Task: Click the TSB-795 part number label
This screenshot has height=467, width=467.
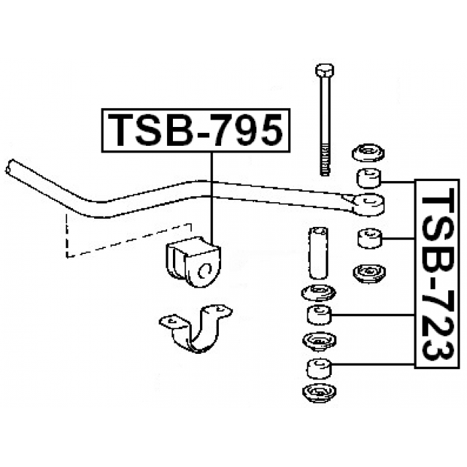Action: coord(196,131)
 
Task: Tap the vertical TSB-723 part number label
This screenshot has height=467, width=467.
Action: coord(437,274)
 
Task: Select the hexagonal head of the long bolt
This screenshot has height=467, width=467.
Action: coord(324,70)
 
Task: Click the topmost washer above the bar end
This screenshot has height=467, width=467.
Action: coord(368,153)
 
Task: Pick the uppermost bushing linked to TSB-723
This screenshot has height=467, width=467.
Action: coord(368,178)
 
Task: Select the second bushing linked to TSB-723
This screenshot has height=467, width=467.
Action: coord(369,238)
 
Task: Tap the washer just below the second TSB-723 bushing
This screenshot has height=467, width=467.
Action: coord(369,274)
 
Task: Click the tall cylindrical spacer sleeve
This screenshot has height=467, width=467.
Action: coord(319,253)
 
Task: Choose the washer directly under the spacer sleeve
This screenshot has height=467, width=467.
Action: coord(318,293)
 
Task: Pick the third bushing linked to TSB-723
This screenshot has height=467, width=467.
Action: coord(319,314)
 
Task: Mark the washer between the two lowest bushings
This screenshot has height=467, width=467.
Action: coord(319,341)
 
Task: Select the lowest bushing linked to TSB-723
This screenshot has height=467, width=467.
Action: coord(319,368)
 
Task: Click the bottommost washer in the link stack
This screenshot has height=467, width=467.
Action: coord(319,393)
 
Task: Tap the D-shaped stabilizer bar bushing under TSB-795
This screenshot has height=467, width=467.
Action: coord(193,262)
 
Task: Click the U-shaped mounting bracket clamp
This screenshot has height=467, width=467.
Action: coord(196,328)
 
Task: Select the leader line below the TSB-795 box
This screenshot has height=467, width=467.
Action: coord(212,196)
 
